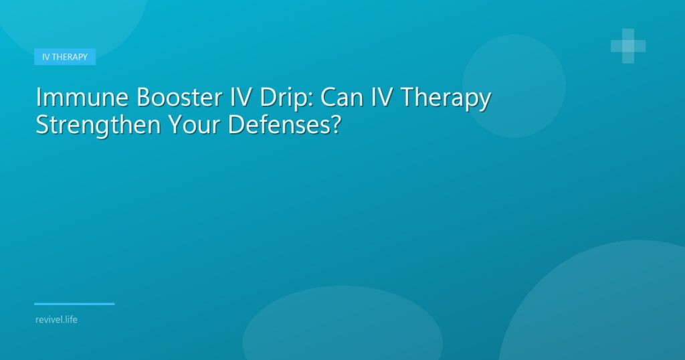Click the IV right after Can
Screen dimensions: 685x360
[x=382, y=97]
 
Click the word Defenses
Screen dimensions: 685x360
[x=279, y=124]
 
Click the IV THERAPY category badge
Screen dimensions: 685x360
[x=65, y=57]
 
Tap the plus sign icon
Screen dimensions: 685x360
[x=628, y=46]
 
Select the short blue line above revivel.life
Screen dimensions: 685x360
[x=74, y=304]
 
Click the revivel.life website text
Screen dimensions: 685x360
[x=56, y=319]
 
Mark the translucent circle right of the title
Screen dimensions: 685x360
[x=514, y=86]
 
